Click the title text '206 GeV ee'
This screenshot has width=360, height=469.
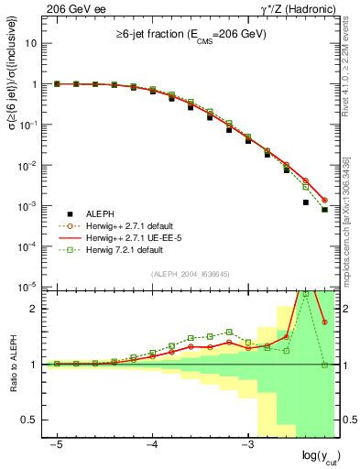pyautogui.click(x=70, y=9)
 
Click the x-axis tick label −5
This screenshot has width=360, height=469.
pyautogui.click(x=57, y=443)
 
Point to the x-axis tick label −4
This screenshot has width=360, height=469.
pyautogui.click(x=152, y=443)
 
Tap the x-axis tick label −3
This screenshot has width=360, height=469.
pyautogui.click(x=247, y=443)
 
